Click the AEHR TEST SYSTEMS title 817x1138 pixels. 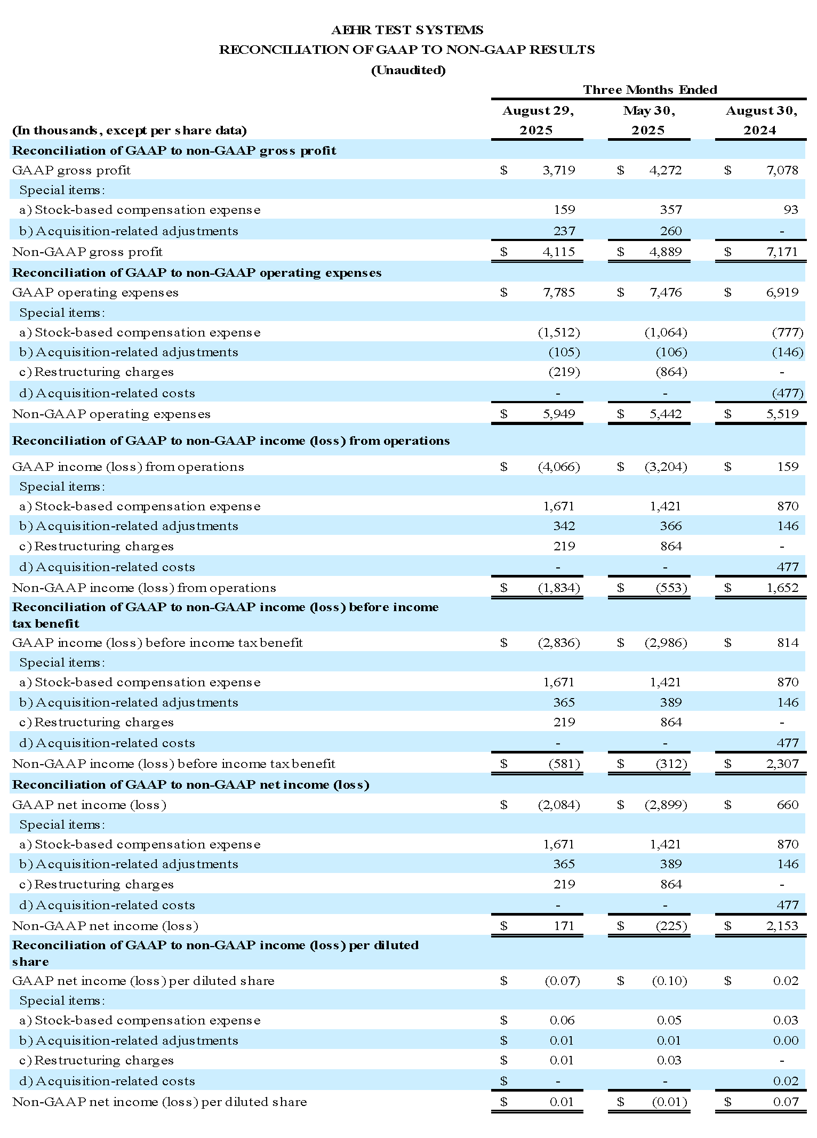407,30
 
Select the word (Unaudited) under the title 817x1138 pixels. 408,70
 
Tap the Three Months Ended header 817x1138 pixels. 650,90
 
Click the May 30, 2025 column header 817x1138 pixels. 648,121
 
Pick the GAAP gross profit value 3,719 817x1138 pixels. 558,170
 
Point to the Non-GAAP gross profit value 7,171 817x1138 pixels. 782,252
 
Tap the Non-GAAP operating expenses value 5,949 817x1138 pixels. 558,414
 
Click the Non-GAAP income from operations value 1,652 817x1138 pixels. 782,588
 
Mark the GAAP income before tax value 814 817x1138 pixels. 787,643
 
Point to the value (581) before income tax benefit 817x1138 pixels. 564,764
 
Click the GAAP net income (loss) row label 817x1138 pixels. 89,805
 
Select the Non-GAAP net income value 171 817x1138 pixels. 564,926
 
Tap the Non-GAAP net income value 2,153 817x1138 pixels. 782,926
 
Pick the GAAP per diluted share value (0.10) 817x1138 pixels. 669,981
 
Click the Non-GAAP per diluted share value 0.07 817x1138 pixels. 786,1102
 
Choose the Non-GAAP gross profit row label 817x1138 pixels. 87,252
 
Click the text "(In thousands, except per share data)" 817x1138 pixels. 130,131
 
